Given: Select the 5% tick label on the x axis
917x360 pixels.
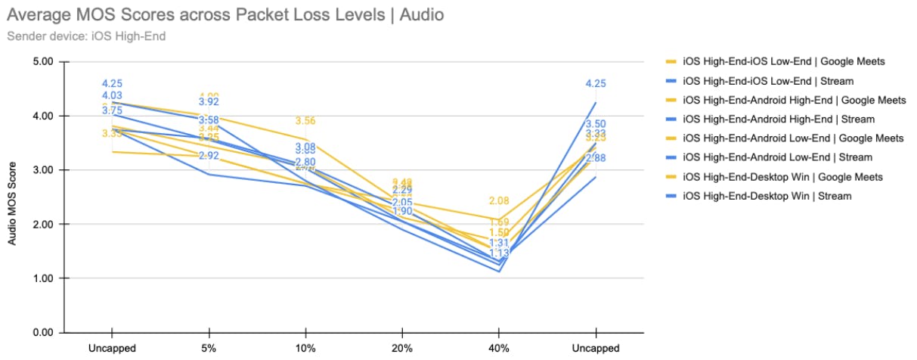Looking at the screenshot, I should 209,349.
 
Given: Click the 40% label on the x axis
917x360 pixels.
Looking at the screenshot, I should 499,349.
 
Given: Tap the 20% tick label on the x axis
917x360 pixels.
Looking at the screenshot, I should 402,349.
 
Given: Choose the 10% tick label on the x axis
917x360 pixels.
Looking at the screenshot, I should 305,349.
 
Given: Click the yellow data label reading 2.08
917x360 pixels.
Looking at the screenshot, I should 499,201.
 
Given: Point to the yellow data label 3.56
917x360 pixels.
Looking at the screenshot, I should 305,121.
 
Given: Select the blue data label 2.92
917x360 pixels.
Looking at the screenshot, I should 209,156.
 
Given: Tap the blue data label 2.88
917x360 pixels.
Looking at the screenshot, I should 596,158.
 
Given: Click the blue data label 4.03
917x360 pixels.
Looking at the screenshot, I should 112,95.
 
